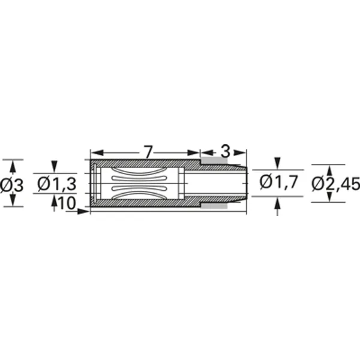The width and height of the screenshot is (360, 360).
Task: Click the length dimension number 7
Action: [x=148, y=152]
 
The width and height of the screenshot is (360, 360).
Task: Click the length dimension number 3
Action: [x=225, y=152]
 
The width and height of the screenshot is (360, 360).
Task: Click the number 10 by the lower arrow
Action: [x=67, y=203]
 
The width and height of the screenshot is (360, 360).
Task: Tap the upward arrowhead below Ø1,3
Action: [x=55, y=202]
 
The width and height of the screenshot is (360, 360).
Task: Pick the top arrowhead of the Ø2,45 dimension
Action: [x=329, y=170]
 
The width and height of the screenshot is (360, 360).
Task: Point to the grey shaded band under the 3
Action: [x=214, y=161]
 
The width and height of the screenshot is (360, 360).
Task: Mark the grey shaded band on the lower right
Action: [x=214, y=206]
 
